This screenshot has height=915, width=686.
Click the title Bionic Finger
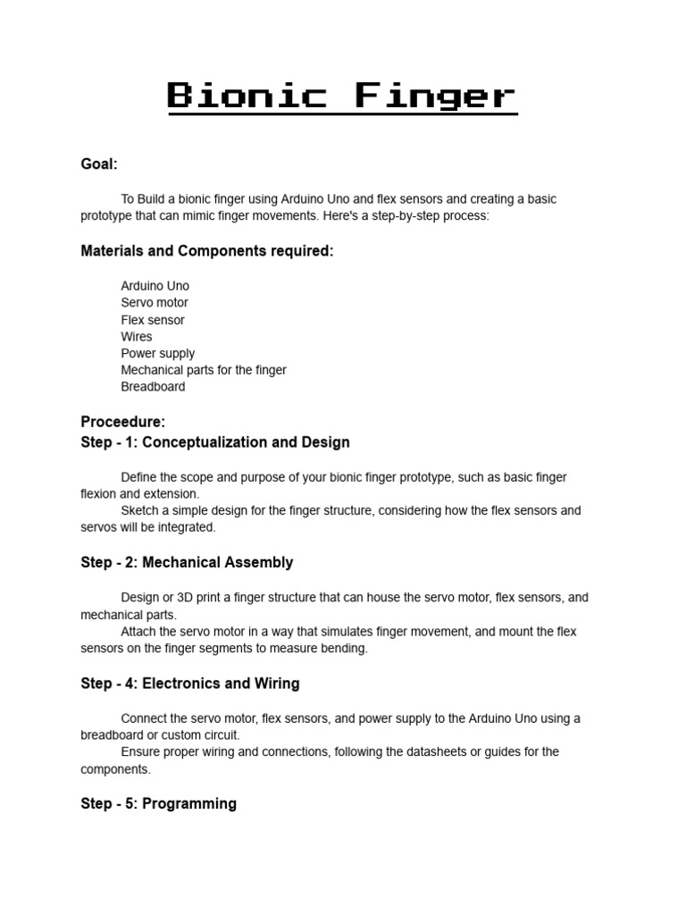(342, 96)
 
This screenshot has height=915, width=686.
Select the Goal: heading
(99, 164)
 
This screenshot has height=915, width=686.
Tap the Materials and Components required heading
(207, 251)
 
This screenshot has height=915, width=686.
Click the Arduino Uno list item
(155, 286)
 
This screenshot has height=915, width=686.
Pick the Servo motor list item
(155, 303)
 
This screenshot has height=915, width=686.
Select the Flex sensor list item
(153, 320)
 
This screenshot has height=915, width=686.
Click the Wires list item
(137, 337)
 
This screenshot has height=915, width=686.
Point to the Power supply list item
(158, 354)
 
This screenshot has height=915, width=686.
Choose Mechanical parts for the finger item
(204, 370)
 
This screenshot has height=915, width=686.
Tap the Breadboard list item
(154, 387)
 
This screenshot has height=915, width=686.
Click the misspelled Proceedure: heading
(123, 423)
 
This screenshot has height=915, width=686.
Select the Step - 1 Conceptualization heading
(215, 442)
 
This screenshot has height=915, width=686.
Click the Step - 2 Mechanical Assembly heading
(187, 563)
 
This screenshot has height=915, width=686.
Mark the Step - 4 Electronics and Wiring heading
(190, 684)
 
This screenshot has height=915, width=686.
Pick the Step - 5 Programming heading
(159, 804)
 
